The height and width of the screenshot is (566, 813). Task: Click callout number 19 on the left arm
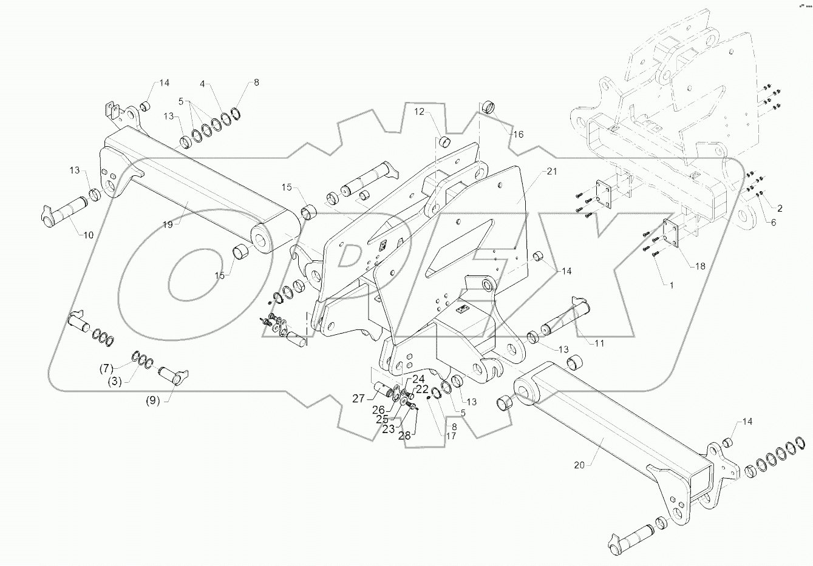(168, 224)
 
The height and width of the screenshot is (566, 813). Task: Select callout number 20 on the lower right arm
(580, 465)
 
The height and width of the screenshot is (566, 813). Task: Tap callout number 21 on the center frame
(551, 172)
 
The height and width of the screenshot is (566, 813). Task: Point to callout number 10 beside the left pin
(88, 235)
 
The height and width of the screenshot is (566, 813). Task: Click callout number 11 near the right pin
(599, 343)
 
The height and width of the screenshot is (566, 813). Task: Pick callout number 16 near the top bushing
(518, 134)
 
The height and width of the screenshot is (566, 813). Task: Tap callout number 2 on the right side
(780, 208)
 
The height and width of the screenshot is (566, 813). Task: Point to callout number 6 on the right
(773, 223)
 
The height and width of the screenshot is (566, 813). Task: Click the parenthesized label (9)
(152, 401)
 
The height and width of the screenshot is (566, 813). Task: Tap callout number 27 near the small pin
(358, 399)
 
